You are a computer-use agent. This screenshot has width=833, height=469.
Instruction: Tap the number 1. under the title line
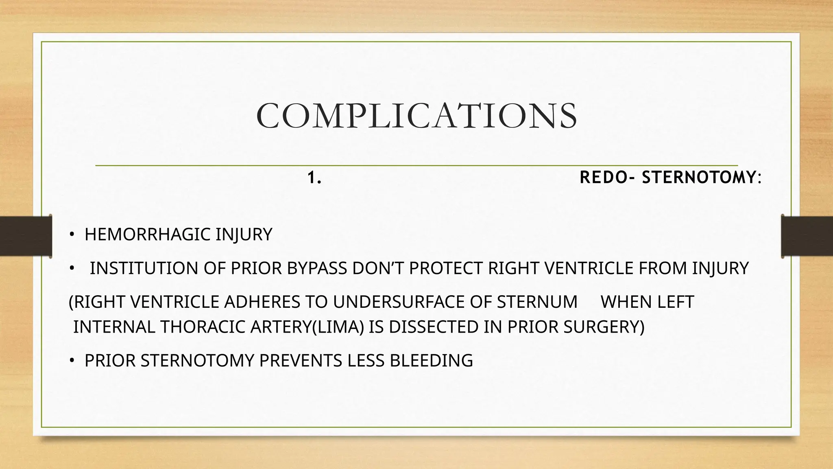coord(314,178)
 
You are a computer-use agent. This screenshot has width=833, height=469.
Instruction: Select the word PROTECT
coord(446,268)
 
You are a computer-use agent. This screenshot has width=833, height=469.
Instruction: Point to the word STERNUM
coord(537,302)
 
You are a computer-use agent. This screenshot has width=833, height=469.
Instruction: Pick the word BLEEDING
coord(431,361)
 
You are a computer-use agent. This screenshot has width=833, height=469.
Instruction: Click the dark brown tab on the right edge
coord(807,236)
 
